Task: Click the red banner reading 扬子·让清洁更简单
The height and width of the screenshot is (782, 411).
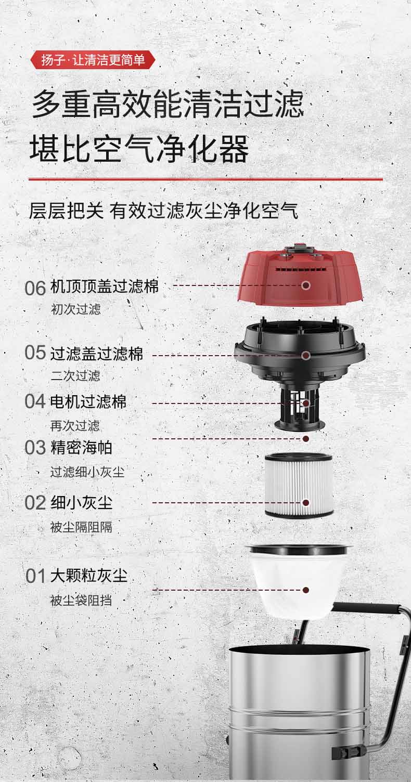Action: (x=93, y=60)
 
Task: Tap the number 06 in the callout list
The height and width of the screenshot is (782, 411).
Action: (x=35, y=288)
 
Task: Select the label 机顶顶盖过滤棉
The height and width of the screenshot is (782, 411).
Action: (x=105, y=286)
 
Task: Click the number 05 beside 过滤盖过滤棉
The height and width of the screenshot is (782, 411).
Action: (x=35, y=353)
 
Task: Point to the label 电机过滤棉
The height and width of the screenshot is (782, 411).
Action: (x=88, y=401)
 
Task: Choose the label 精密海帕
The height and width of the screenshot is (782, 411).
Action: (x=81, y=447)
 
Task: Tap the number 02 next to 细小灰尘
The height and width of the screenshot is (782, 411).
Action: (x=35, y=503)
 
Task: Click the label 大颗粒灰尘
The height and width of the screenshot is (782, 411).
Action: (x=89, y=576)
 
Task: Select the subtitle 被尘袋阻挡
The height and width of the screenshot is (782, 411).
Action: (x=81, y=601)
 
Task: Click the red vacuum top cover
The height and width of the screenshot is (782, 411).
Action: (x=304, y=276)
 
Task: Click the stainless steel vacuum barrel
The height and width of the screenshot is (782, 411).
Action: (x=299, y=712)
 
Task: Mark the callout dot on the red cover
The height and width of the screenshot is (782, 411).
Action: (x=306, y=285)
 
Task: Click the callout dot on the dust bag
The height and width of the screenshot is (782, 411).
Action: (x=306, y=590)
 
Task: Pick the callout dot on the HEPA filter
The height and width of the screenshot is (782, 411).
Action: (x=306, y=503)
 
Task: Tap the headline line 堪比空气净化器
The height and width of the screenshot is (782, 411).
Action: (x=139, y=150)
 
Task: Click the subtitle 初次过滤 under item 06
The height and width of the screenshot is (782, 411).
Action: (x=76, y=309)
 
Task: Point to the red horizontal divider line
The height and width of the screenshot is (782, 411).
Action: (x=205, y=179)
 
